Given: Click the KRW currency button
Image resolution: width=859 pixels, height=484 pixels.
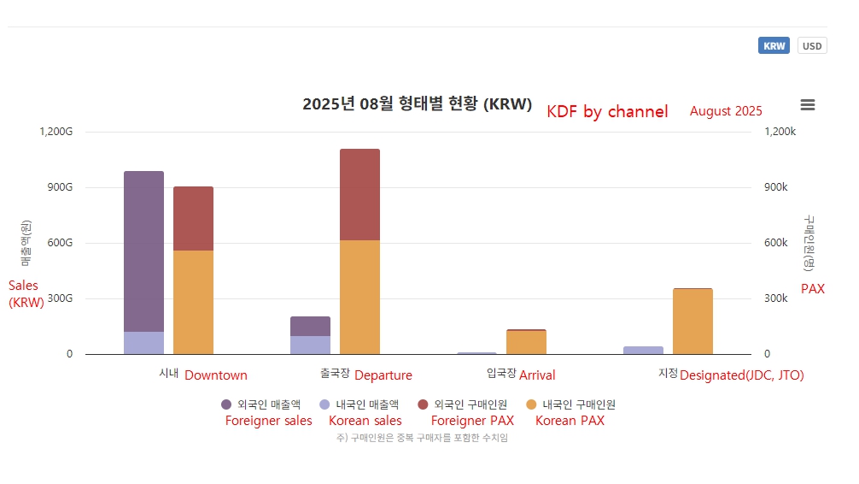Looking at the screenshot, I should coord(774,46).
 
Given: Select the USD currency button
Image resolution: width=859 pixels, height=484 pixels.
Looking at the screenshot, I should coord(812,46).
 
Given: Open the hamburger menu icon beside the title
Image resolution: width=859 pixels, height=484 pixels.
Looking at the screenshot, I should coord(807,105).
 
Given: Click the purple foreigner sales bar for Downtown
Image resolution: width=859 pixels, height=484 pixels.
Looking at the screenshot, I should coord(143,248).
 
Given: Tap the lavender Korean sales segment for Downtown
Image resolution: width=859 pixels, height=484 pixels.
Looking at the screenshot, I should coord(143,343).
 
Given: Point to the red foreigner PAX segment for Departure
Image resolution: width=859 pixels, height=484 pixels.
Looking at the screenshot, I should coord(359,194).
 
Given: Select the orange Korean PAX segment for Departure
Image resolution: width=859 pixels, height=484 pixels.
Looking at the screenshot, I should coord(359,297).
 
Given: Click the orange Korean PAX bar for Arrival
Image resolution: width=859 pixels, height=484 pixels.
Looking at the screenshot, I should coord(526,343).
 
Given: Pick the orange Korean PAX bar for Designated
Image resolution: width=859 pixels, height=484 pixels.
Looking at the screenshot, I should coord(692,322).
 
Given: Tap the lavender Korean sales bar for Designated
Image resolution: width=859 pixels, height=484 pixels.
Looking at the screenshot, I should coord(643,350).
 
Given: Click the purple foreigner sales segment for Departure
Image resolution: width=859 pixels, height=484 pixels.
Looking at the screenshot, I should coord(310,326).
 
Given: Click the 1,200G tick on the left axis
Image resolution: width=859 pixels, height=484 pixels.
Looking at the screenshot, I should coord(56,132).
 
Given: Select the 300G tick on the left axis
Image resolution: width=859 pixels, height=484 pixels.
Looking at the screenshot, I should coord(58,298).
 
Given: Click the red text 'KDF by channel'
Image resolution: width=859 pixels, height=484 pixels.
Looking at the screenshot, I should coord(607,111).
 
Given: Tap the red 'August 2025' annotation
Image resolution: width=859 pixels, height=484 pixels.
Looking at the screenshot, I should coord(726,111).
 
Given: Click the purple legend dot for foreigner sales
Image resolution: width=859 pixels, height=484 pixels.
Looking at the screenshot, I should coord(226,404).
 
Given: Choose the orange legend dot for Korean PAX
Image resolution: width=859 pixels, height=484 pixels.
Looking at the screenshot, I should coord(531,404).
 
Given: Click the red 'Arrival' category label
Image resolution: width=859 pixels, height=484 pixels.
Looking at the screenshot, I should coord(537,375).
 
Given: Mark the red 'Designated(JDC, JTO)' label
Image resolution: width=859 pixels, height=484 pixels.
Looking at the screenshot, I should coord(741,375).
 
